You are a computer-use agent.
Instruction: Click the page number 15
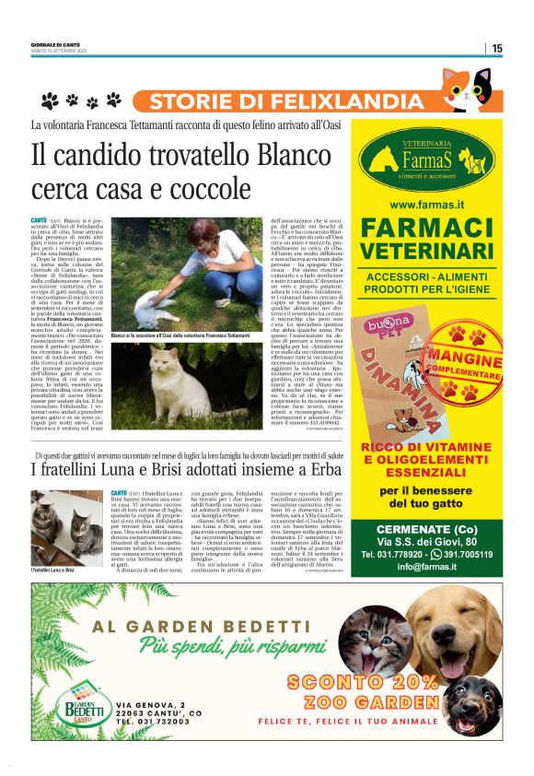tap(496, 48)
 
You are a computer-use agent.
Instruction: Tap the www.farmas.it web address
tap(426, 204)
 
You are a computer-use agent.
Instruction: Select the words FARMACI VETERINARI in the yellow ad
tap(426, 239)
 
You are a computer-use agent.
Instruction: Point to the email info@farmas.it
tap(426, 567)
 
